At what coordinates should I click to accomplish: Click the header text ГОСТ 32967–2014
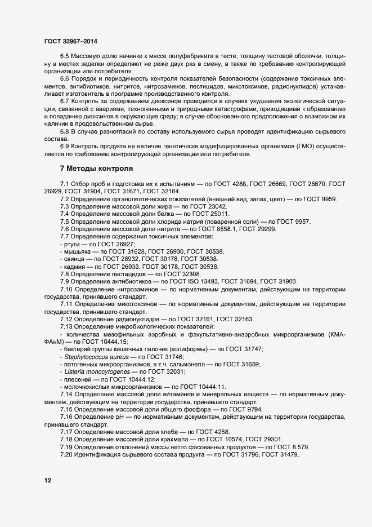pyautogui.click(x=66, y=41)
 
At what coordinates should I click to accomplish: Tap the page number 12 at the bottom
pyautogui.click(x=48, y=480)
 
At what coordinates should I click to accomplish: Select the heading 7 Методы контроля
pyautogui.click(x=96, y=169)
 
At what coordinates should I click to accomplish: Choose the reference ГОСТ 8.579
pyautogui.click(x=280, y=446)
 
